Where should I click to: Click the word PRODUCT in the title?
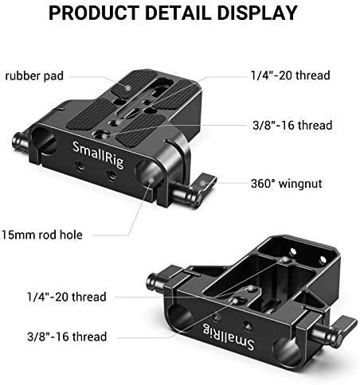[x=94, y=13]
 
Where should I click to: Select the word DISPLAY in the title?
[x=257, y=13]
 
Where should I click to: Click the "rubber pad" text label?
[x=34, y=76]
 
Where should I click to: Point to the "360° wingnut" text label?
[x=287, y=184]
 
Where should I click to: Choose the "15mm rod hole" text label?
[x=42, y=235]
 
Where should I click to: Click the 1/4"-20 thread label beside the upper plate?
[x=291, y=76]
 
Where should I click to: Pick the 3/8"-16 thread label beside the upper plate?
[x=292, y=125]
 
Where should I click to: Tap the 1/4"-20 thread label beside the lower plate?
[x=67, y=297]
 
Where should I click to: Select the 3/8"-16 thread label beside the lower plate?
[x=67, y=336]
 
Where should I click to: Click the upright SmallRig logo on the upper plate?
[x=98, y=154]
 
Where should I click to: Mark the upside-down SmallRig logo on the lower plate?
[x=229, y=336]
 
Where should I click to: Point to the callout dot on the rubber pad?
[x=128, y=87]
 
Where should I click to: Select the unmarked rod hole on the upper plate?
[x=44, y=141]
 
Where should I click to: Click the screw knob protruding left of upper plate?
[x=21, y=142]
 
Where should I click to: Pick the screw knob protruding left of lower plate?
[x=156, y=282]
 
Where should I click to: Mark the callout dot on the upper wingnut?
[x=203, y=183]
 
